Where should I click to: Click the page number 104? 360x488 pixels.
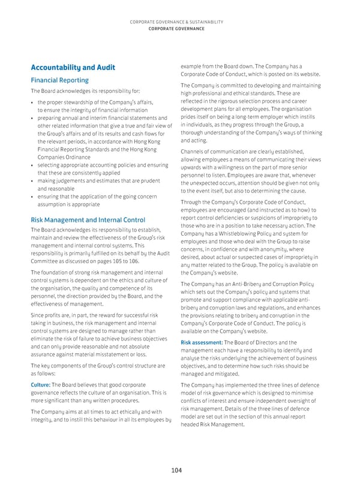175,471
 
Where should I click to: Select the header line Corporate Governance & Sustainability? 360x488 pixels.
179,23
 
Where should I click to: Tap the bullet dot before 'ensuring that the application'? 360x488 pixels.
31,195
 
